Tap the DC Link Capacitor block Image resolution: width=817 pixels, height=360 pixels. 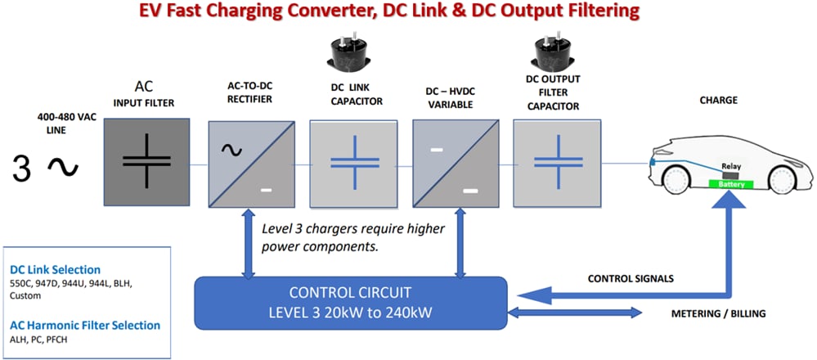pyautogui.click(x=350, y=161)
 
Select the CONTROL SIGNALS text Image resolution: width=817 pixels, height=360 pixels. pyautogui.click(x=630, y=279)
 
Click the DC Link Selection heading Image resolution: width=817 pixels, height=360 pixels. pyautogui.click(x=55, y=269)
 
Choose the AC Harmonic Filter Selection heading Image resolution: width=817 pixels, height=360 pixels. pyautogui.click(x=85, y=325)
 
